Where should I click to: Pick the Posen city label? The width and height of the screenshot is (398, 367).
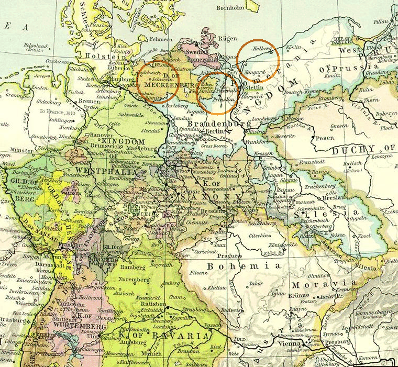(x=325, y=138)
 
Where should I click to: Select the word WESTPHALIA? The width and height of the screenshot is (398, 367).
(x=99, y=171)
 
